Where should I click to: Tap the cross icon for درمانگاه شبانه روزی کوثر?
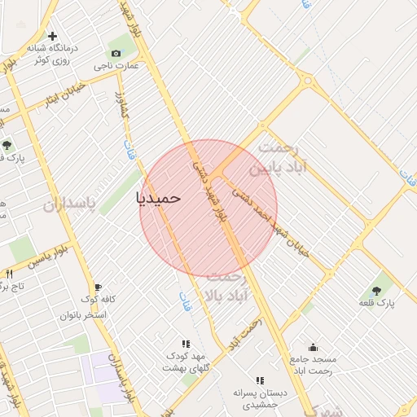pyautogui.click(x=53, y=37)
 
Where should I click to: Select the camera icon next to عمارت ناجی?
pyautogui.click(x=116, y=54)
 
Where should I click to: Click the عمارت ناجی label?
pyautogui.click(x=115, y=66)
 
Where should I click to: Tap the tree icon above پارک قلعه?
pyautogui.click(x=376, y=290)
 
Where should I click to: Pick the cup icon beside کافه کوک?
pyautogui.click(x=99, y=288)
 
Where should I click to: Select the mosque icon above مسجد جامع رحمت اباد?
pyautogui.click(x=313, y=347)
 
